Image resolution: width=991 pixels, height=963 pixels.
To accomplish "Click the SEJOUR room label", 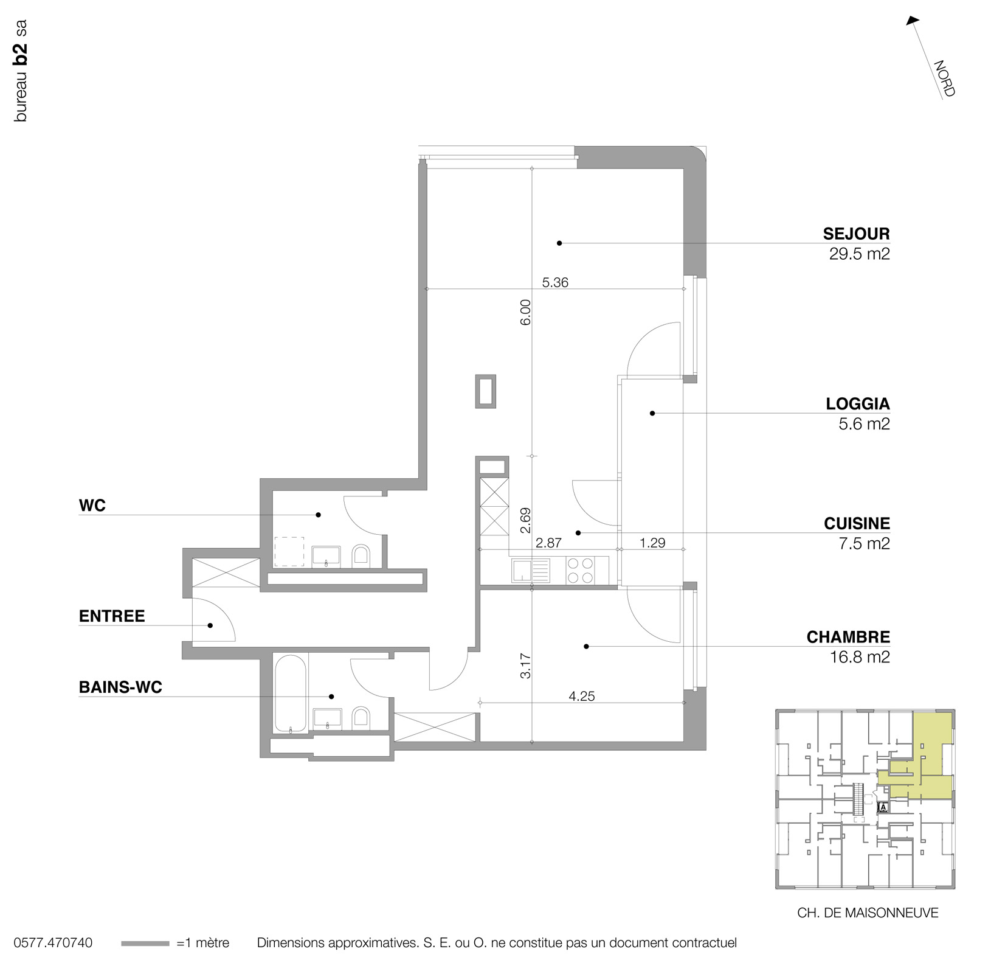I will click(x=856, y=234).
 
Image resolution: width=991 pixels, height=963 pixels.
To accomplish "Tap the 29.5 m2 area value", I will click(x=859, y=254).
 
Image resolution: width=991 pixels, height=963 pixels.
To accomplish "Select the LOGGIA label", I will click(x=857, y=403).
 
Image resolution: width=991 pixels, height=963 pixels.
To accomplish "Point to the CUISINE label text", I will click(x=857, y=523).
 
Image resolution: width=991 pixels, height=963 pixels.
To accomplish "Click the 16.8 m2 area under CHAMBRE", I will click(x=859, y=657).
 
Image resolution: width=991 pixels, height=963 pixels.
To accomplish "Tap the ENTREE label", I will click(x=112, y=616).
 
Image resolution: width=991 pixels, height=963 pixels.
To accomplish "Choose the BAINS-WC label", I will click(x=120, y=687).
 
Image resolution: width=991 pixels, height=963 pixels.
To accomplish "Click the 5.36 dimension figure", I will click(x=554, y=282).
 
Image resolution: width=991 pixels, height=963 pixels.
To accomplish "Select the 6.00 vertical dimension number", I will click(x=526, y=311).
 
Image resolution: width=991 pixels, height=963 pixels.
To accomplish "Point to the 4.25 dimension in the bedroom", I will click(x=581, y=696).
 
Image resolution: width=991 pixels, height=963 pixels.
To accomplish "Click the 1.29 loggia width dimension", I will click(x=652, y=542).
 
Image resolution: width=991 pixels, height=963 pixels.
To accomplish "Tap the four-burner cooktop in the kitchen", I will click(x=580, y=570).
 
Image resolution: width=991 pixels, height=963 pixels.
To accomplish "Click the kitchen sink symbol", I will click(x=531, y=571).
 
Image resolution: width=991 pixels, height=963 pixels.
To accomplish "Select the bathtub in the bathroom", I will click(x=290, y=694).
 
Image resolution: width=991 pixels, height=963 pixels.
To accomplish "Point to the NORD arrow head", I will click(x=911, y=21).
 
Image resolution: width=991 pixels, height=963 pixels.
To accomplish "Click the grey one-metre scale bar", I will click(x=145, y=944).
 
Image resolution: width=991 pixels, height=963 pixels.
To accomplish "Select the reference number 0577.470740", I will click(x=53, y=943).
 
